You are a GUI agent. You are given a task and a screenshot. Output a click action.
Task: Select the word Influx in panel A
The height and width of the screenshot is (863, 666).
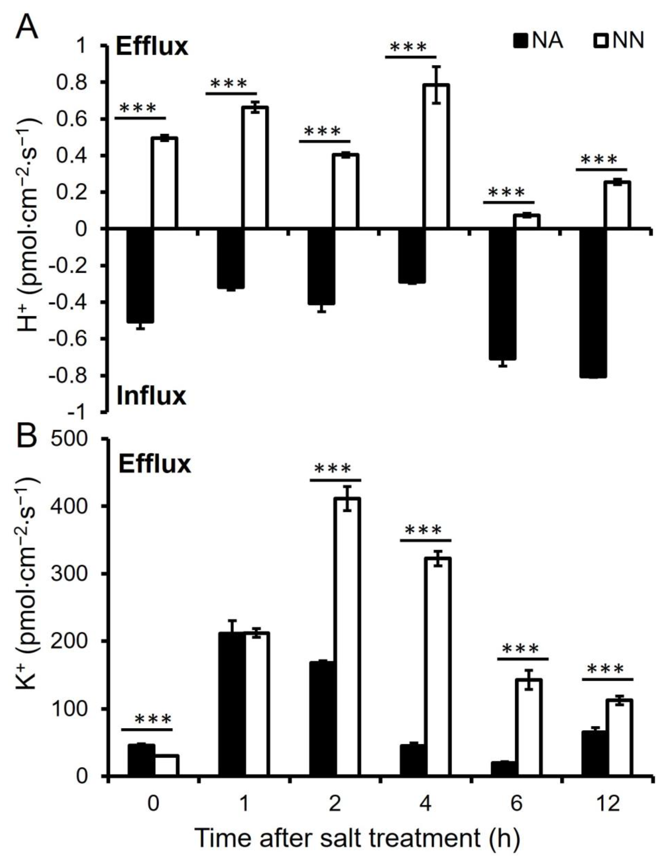[x=152, y=396]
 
